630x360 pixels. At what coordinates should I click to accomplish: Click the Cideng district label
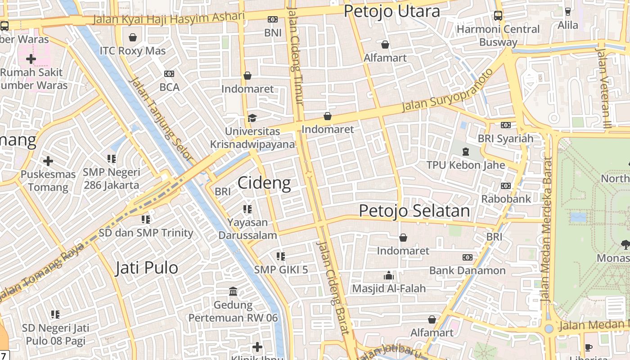pyautogui.click(x=264, y=183)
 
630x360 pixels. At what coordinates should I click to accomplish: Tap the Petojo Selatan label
pyautogui.click(x=414, y=211)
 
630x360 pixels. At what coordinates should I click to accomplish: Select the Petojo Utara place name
pyautogui.click(x=391, y=12)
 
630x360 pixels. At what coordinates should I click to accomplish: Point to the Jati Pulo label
pyautogui.click(x=147, y=268)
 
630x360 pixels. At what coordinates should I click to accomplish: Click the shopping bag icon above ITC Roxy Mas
pyautogui.click(x=133, y=37)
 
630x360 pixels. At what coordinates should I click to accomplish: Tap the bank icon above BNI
pyautogui.click(x=272, y=19)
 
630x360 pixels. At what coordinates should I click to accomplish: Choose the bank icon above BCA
pyautogui.click(x=169, y=74)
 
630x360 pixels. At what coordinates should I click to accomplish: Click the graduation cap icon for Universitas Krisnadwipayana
pyautogui.click(x=252, y=118)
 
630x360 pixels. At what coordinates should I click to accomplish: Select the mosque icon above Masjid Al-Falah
pyautogui.click(x=388, y=275)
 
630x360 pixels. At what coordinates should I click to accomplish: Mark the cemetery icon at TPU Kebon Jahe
pyautogui.click(x=466, y=151)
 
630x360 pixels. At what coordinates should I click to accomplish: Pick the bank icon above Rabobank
pyautogui.click(x=506, y=185)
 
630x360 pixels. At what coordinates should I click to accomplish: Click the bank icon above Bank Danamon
pyautogui.click(x=468, y=257)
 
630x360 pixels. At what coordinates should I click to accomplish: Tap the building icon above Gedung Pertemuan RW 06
pyautogui.click(x=233, y=292)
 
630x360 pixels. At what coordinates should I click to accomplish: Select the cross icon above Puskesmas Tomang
pyautogui.click(x=48, y=161)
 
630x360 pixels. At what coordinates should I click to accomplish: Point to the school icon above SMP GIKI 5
pyautogui.click(x=281, y=256)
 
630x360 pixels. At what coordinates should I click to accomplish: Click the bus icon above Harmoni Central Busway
pyautogui.click(x=498, y=16)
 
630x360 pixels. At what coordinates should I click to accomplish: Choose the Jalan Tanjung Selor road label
pyautogui.click(x=161, y=119)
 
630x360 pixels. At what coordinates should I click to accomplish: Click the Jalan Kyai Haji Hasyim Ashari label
pyautogui.click(x=169, y=18)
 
